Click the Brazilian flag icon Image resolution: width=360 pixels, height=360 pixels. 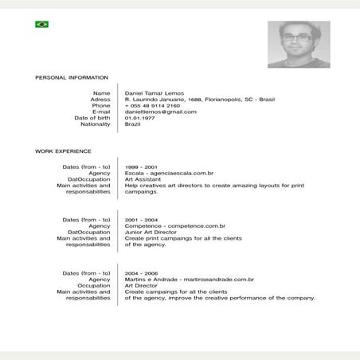41,25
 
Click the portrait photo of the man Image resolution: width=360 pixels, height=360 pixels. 299,45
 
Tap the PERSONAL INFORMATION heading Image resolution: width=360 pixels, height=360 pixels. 72,77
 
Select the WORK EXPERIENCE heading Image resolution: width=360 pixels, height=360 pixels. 63,151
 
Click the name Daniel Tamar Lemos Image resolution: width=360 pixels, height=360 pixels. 155,93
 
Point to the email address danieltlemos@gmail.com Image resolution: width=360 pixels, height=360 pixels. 160,112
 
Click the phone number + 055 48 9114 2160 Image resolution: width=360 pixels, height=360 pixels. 152,105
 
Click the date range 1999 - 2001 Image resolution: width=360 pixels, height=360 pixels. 141,166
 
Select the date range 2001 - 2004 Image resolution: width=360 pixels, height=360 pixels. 141,219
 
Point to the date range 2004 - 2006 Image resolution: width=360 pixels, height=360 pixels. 141,272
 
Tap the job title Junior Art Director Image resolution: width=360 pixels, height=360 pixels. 151,232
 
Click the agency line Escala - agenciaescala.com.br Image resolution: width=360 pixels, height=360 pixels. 169,173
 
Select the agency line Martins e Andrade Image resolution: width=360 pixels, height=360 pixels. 190,279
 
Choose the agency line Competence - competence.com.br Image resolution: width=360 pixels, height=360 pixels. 175,225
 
